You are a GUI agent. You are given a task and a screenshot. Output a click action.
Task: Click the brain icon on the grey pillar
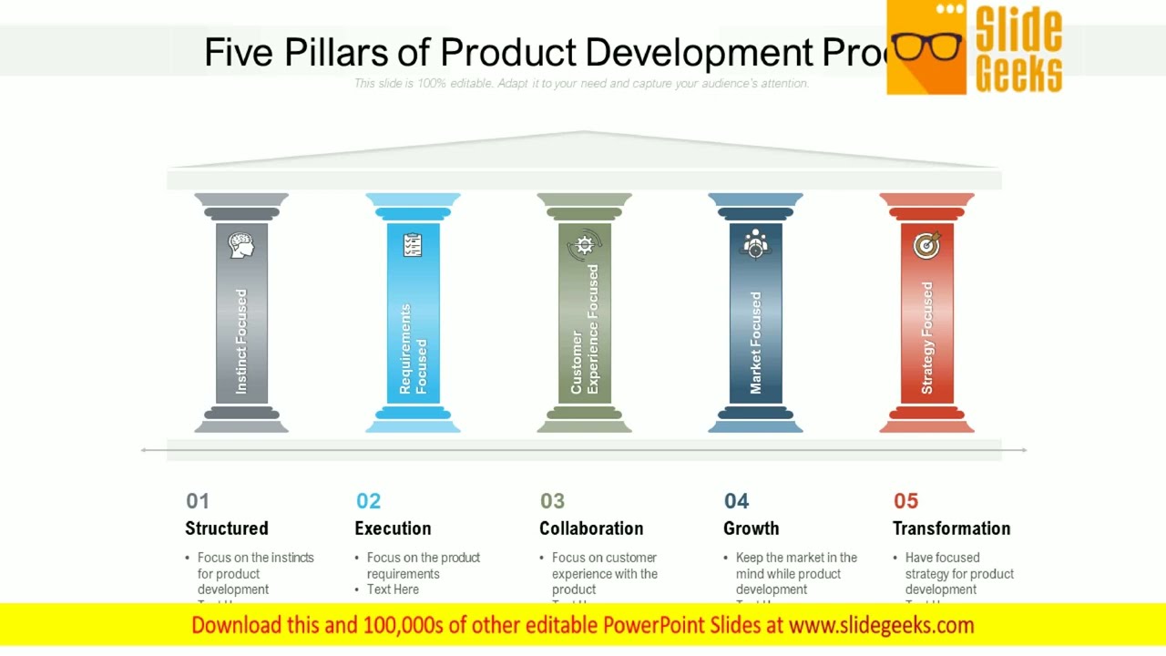[241, 245]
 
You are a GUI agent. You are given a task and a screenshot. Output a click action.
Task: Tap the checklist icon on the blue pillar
[413, 245]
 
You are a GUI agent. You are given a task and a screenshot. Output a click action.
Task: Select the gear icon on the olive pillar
[584, 245]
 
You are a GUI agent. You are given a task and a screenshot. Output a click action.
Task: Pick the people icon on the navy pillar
[755, 244]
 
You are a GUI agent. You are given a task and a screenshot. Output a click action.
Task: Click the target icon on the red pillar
[926, 244]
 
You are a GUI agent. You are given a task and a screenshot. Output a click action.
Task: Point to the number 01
[198, 501]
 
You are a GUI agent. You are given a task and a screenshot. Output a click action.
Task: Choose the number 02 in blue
[368, 501]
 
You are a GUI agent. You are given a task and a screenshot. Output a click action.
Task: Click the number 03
[552, 501]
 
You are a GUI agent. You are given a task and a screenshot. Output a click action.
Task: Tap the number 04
[736, 501]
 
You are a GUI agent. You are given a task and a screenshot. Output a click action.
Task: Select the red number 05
[905, 501]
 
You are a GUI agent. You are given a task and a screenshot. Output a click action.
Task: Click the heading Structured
[227, 528]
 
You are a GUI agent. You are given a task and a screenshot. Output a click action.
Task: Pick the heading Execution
[393, 528]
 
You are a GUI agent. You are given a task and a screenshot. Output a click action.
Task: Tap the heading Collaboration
[591, 528]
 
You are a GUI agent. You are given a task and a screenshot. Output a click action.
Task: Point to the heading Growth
[751, 528]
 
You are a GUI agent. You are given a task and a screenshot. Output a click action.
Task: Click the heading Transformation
[951, 528]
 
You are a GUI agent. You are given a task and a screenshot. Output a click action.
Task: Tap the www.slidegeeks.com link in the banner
[881, 625]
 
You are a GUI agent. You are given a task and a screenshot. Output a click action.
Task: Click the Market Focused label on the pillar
[755, 343]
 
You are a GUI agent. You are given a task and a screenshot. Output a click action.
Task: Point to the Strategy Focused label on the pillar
[926, 338]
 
